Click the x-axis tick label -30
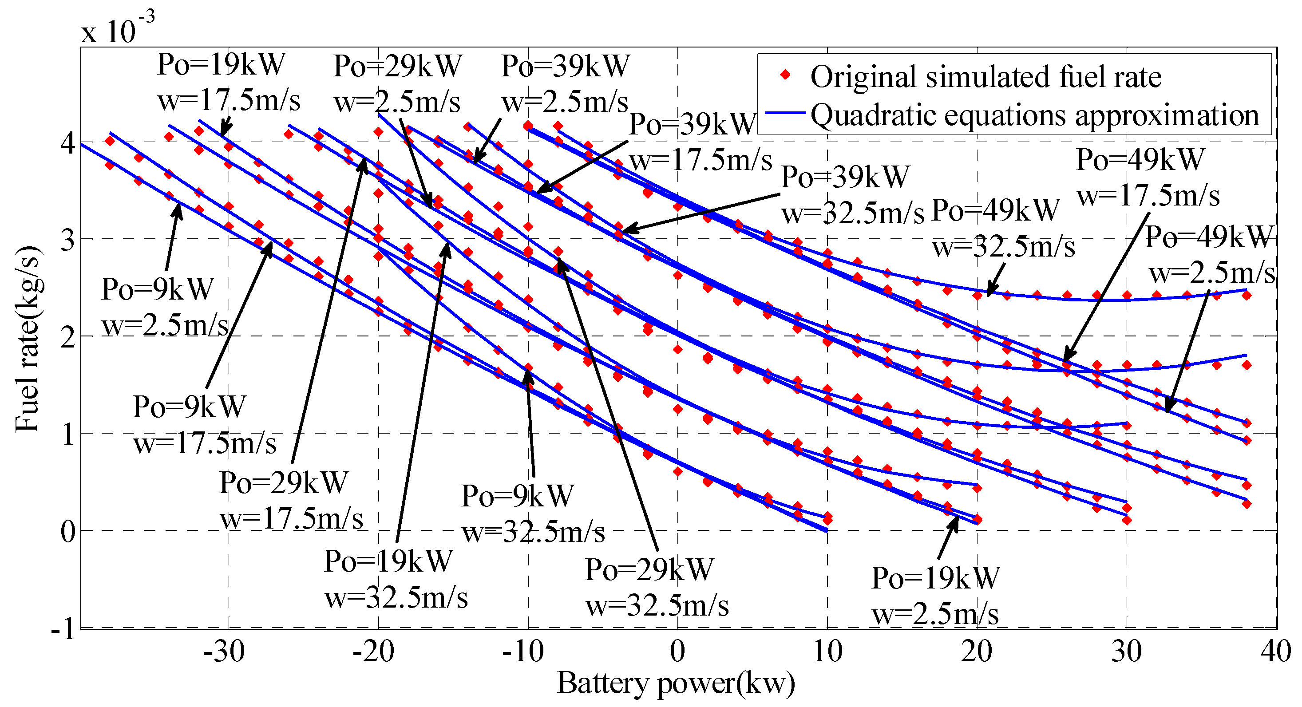224,652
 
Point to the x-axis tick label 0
677,652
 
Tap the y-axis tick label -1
63,630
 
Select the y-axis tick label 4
68,143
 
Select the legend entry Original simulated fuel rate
985,77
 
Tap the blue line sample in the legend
785,113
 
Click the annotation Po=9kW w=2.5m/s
165,307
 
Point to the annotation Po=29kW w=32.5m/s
657,587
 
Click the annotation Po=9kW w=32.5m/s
533,513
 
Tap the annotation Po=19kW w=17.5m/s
229,83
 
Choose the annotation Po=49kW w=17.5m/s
1148,178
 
